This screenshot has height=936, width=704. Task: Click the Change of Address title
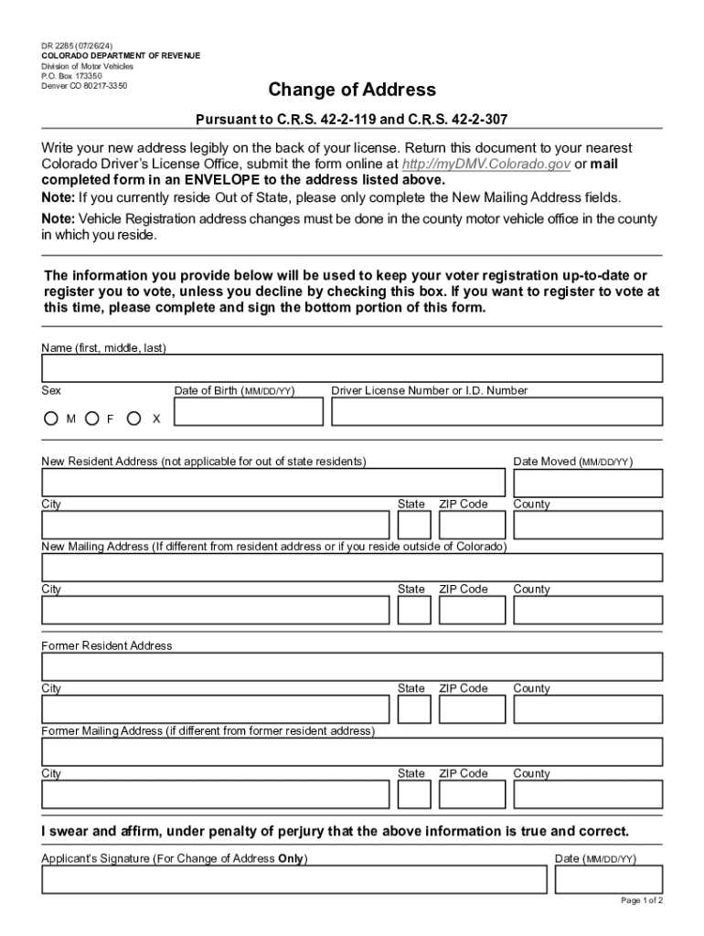(351, 90)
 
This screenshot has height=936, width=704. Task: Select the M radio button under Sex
(50, 419)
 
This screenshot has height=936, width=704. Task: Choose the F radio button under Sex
(91, 419)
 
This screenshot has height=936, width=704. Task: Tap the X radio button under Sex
(134, 419)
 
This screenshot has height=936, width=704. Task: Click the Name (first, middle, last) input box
(352, 368)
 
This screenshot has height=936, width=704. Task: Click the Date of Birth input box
(249, 412)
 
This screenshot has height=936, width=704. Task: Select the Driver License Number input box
(496, 412)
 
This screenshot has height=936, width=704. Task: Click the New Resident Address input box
(272, 483)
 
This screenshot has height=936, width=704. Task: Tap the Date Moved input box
(587, 483)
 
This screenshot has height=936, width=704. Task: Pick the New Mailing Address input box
(352, 568)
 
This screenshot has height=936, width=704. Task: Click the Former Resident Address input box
(352, 666)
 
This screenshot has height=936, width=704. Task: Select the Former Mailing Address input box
(352, 751)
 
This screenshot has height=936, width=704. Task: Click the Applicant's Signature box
(293, 879)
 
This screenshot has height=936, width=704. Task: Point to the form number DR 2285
(78, 44)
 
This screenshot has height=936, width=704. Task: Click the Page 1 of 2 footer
(642, 900)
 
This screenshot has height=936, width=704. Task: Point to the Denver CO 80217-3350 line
(84, 86)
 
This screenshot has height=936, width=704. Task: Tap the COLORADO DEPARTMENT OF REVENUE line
(121, 56)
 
